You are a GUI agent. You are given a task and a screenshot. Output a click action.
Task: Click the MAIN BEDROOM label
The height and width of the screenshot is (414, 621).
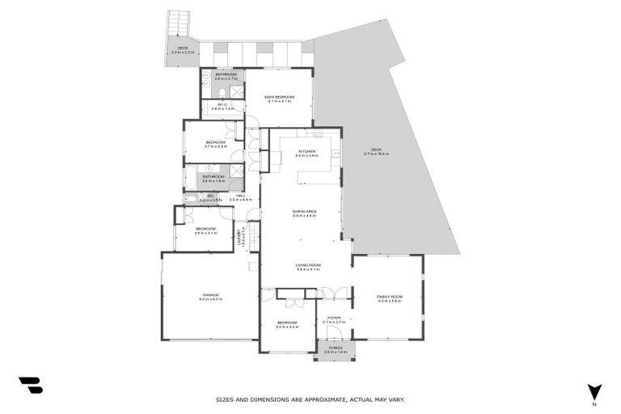[x=278, y=97]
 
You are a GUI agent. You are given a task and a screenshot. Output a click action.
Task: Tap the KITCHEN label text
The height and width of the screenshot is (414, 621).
[x=306, y=152]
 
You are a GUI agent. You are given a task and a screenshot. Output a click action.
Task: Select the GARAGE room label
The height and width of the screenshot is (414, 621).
[x=210, y=295]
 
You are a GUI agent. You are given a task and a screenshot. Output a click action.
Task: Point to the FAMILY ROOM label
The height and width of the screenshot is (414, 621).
[x=389, y=298]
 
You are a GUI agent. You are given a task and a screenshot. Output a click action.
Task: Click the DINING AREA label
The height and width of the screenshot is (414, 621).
[x=304, y=212]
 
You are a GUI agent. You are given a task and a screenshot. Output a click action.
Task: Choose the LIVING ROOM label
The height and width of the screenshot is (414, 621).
[x=308, y=265]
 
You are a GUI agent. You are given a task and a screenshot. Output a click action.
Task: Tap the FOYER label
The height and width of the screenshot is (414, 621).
[x=333, y=319]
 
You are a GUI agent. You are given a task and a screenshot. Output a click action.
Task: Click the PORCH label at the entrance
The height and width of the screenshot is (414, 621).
[x=335, y=349]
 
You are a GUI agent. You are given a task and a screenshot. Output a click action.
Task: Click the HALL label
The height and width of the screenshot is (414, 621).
[x=240, y=196]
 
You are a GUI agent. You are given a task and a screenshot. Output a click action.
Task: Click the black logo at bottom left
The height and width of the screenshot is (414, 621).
[x=31, y=386]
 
